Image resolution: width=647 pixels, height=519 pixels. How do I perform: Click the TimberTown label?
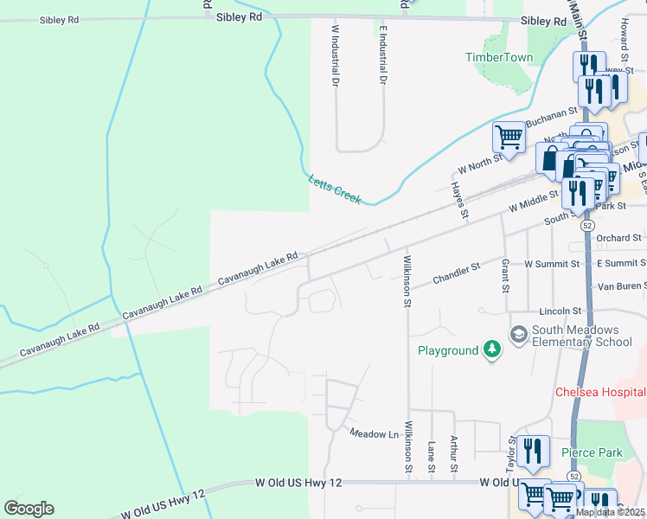499,57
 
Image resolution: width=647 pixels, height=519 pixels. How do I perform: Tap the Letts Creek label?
335,189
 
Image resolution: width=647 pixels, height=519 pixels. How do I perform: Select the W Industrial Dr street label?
334,54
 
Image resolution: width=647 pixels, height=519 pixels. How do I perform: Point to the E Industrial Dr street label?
381,54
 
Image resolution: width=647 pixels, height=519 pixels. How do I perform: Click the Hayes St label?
458,200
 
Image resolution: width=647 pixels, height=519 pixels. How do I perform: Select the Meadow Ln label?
373,432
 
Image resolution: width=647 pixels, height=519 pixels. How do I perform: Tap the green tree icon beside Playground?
492,350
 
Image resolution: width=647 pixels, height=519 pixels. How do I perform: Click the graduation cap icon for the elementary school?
519,334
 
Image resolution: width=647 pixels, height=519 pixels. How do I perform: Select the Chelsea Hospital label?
600,392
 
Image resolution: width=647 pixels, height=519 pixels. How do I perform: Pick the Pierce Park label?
592,452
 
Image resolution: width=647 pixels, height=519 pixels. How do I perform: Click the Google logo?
29,509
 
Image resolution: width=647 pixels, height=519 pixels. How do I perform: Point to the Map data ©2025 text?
610,512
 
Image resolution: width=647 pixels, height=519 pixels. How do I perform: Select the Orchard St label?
618,238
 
